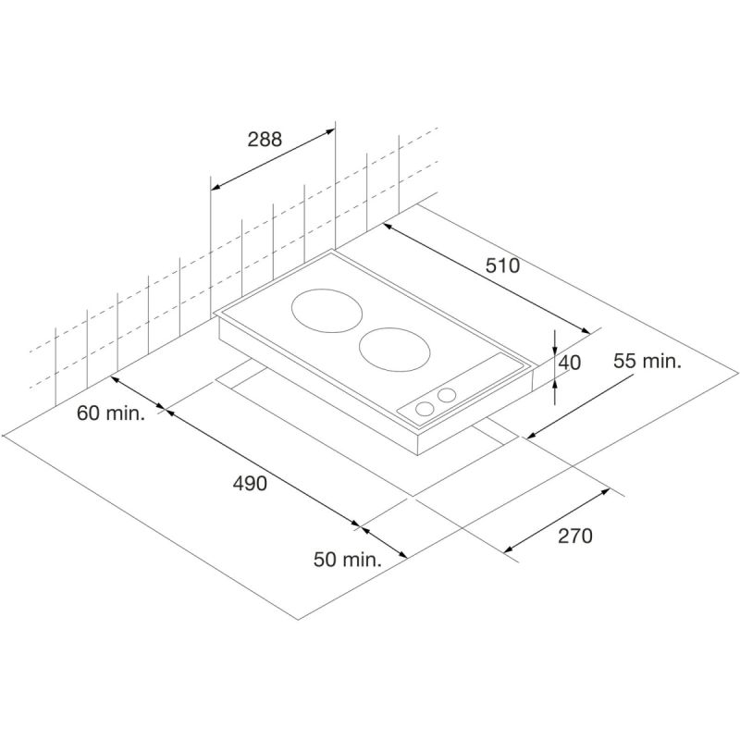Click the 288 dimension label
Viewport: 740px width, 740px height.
point(265,139)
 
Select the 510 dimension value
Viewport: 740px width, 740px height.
point(502,265)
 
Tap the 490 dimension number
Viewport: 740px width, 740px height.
point(250,483)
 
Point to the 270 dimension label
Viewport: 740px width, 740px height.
point(574,536)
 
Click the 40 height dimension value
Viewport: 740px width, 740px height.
point(570,363)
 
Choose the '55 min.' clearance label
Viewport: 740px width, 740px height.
point(647,362)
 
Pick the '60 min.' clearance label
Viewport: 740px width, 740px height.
point(111,413)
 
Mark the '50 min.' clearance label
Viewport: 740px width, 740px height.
point(348,560)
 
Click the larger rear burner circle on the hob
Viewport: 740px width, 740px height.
point(328,311)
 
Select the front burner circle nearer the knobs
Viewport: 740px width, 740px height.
point(395,350)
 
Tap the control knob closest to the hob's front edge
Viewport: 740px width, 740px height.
point(425,409)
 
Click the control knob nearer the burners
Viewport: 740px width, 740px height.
point(446,395)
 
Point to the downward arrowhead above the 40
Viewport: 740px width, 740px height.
point(555,349)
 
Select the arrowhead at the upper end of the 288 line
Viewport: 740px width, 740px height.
point(329,132)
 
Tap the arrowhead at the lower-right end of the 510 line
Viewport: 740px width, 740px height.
point(585,330)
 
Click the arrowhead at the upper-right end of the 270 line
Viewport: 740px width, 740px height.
point(604,492)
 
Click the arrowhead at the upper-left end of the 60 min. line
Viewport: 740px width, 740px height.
point(117,379)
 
